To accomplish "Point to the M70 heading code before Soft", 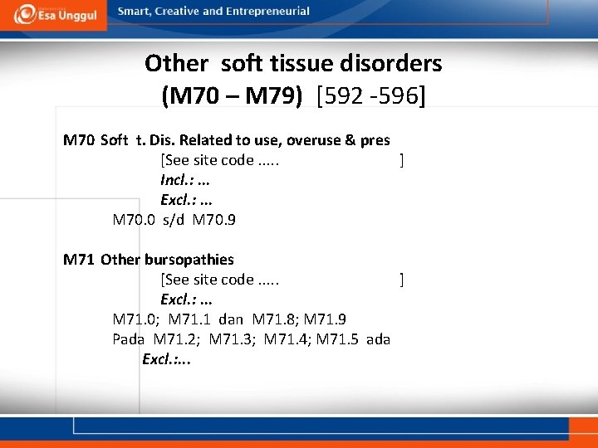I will point(79,140).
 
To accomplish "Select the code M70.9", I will point(213,220).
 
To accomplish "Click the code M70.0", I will point(133,220).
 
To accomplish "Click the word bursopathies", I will point(189,260).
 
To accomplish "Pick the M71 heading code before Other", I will point(79,260).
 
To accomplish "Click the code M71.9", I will point(326,319).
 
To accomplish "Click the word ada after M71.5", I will point(379,339).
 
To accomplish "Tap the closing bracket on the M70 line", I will point(402,160).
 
